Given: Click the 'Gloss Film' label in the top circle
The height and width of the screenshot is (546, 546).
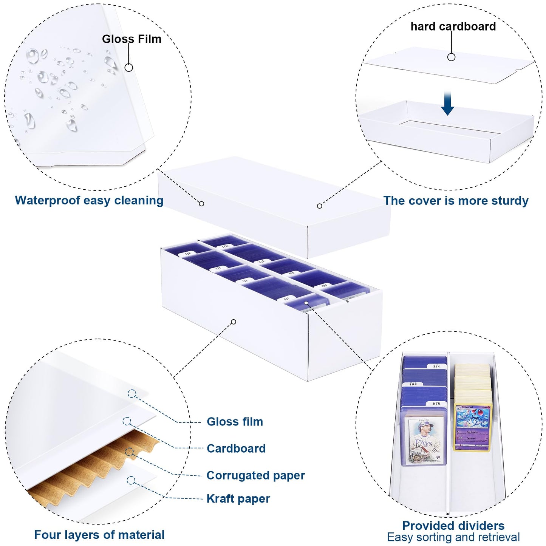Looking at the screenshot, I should (131, 39).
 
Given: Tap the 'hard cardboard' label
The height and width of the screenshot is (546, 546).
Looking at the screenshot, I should (453, 26).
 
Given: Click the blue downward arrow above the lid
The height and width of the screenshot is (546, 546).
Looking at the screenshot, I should (447, 103).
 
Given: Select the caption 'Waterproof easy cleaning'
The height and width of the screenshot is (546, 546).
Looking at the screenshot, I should (89, 200).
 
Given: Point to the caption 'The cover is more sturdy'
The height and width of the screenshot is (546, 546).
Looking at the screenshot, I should (456, 201).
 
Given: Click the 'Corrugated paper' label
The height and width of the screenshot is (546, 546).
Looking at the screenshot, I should (255, 475).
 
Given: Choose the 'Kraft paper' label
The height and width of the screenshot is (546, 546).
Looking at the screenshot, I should (238, 499).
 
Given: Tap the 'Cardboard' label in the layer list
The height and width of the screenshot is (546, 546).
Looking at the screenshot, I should (236, 449).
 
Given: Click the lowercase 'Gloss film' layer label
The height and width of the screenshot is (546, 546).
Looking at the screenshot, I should (235, 422).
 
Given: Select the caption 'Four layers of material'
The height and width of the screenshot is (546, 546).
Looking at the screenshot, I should (99, 535).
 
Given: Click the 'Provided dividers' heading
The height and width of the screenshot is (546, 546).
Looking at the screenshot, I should (453, 526).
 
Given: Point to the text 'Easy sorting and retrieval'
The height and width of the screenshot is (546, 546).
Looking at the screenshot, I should (453, 537).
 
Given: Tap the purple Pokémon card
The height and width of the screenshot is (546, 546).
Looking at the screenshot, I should (473, 427).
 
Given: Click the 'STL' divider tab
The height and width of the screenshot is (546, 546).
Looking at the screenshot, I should (437, 366).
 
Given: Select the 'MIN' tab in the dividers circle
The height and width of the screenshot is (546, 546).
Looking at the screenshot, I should (436, 404).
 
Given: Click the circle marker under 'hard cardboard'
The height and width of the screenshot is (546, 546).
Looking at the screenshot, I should (451, 57).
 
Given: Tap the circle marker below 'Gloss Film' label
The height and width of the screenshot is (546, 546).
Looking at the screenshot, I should (129, 68).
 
